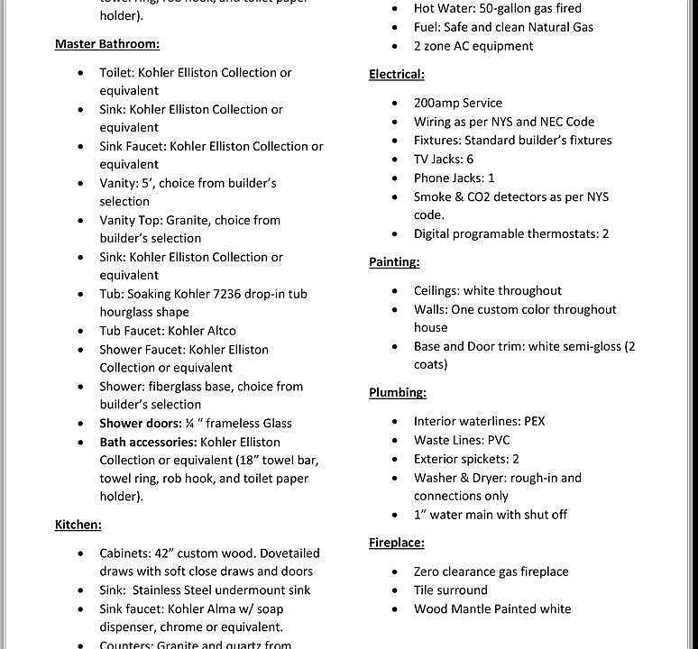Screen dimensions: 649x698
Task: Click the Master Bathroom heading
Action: [107, 43]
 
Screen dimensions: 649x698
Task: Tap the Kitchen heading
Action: [78, 524]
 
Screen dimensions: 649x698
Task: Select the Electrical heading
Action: [396, 74]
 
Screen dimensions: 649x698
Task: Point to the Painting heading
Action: [394, 261]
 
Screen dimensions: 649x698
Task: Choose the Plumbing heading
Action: [398, 392]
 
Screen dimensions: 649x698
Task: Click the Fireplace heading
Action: [396, 543]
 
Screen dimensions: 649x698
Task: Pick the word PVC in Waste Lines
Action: [499, 440]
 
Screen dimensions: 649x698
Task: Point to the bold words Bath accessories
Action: [148, 442]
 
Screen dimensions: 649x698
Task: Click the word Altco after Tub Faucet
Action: [218, 331]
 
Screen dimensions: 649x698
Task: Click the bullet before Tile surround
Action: [395, 590]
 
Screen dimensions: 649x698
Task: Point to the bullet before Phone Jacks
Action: [395, 178]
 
